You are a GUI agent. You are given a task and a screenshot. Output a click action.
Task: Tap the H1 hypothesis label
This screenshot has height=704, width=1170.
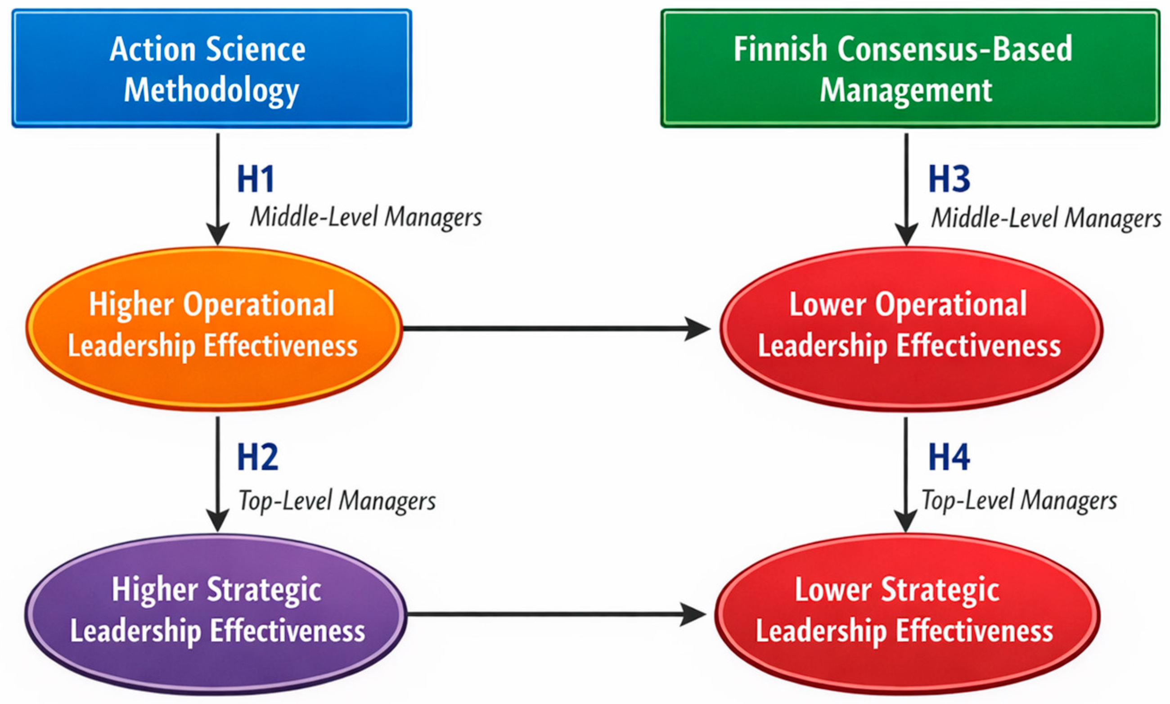pos(256,179)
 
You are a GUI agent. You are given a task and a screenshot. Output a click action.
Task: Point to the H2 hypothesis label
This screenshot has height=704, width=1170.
pos(257,457)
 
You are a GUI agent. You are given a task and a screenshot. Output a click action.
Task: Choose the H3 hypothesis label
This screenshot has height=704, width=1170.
pos(949,179)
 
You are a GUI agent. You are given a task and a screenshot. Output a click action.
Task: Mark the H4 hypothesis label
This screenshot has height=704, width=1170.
pos(949,457)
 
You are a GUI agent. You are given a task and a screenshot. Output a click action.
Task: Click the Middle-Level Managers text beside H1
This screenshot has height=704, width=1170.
pos(366,217)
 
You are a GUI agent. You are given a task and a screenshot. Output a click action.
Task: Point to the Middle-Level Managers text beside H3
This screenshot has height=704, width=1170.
pos(1046,218)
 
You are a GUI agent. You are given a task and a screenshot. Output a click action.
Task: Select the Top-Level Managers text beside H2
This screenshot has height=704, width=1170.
pos(337,501)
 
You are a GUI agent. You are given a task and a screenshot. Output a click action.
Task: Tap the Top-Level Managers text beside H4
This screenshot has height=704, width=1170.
pos(1019,501)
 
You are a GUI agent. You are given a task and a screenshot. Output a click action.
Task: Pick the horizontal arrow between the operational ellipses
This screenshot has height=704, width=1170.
pos(555,328)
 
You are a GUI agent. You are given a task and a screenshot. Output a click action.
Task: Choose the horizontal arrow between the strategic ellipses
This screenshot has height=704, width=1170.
pos(555,614)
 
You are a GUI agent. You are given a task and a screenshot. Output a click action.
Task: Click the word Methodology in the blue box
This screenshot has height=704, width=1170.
pos(211,90)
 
